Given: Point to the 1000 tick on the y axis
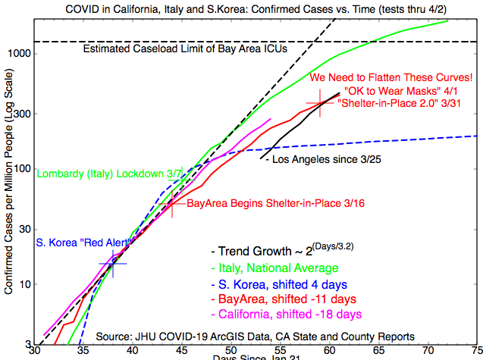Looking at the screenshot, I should [x=20, y=54].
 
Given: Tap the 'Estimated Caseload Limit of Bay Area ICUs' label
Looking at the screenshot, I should [x=185, y=50].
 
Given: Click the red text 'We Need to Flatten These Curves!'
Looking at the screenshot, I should [x=391, y=77].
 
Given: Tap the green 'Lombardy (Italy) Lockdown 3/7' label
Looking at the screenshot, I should [x=109, y=174].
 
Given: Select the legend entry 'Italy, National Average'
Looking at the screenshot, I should [x=278, y=268].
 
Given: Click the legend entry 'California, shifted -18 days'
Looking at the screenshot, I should [x=290, y=314].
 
